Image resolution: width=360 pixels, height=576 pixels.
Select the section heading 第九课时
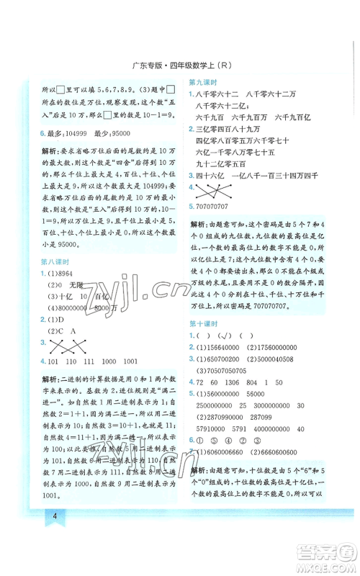204,82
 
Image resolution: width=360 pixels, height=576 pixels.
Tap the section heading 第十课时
204,304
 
